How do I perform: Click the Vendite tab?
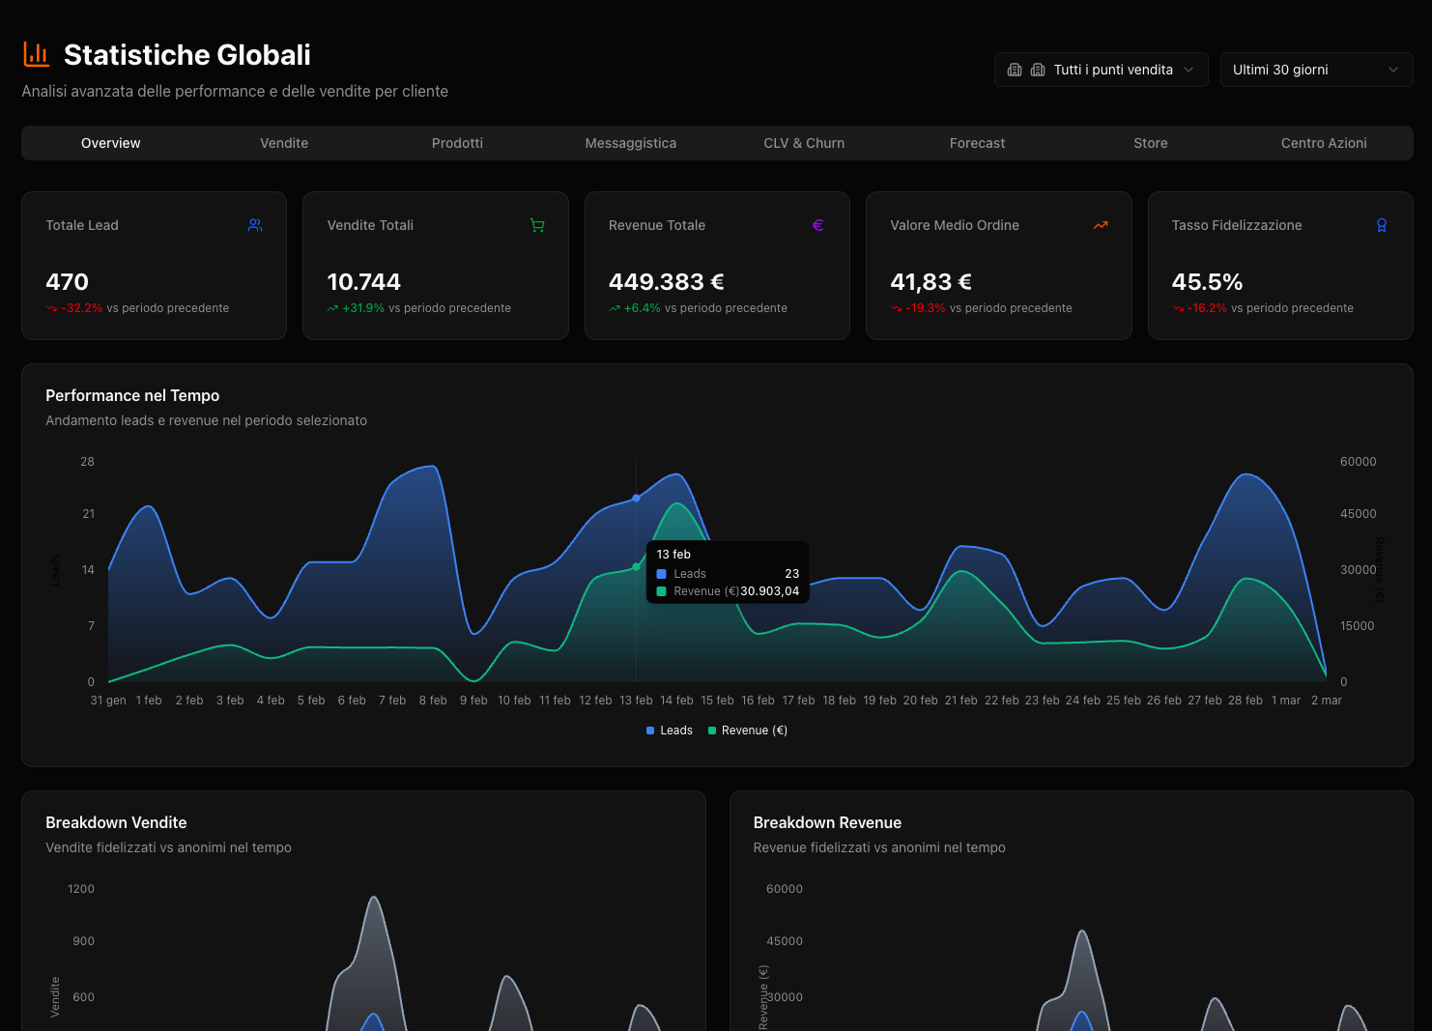pyautogui.click(x=284, y=143)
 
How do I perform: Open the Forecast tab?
pyautogui.click(x=977, y=143)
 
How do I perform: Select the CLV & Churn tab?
pyautogui.click(x=804, y=143)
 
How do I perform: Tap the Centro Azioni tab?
pyautogui.click(x=1324, y=143)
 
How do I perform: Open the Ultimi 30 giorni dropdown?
pyautogui.click(x=1316, y=70)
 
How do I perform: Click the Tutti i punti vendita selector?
pyautogui.click(x=1101, y=70)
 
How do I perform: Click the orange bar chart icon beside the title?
pyautogui.click(x=36, y=54)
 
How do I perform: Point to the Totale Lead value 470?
pyautogui.click(x=67, y=282)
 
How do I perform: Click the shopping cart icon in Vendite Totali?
pyautogui.click(x=537, y=225)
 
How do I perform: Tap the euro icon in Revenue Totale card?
pyautogui.click(x=818, y=225)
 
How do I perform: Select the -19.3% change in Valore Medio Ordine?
pyautogui.click(x=925, y=308)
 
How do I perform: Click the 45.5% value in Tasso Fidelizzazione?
pyautogui.click(x=1207, y=282)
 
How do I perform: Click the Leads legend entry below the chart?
pyautogui.click(x=670, y=730)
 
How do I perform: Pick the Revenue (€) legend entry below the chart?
pyautogui.click(x=748, y=730)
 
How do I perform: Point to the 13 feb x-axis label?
pyautogui.click(x=636, y=701)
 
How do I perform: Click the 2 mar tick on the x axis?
pyautogui.click(x=1326, y=701)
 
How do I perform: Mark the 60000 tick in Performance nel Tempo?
pyautogui.click(x=1358, y=462)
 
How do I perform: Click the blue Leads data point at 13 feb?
pyautogui.click(x=636, y=498)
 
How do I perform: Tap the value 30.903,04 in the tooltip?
pyautogui.click(x=770, y=591)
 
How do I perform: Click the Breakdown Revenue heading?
pyautogui.click(x=827, y=822)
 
